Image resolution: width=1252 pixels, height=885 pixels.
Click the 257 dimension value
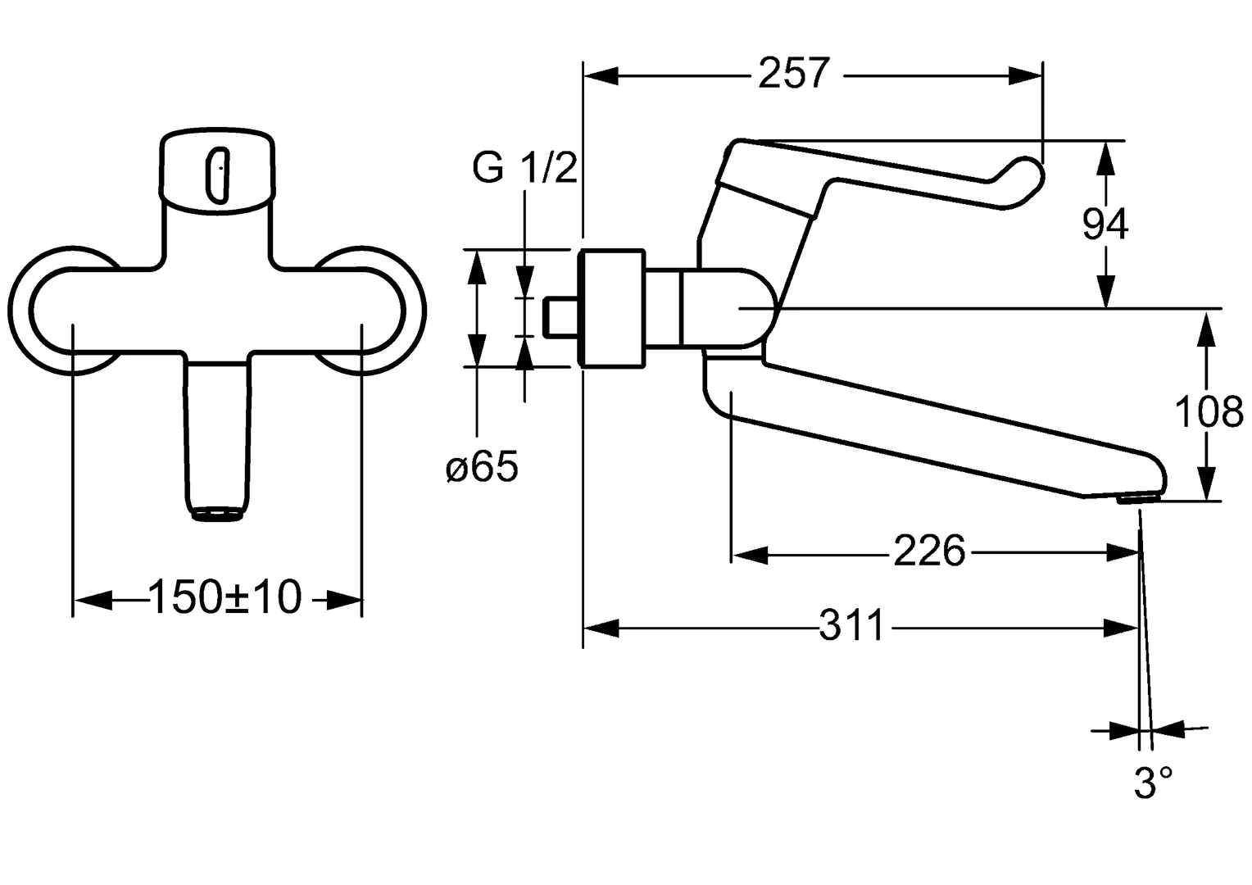[x=794, y=74]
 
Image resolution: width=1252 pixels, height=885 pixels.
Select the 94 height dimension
[x=1105, y=224]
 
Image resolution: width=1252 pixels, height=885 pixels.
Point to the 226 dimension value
[x=929, y=551]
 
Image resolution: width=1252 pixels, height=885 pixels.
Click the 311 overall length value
[x=852, y=628]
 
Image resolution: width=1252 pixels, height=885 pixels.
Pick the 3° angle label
[x=1154, y=783]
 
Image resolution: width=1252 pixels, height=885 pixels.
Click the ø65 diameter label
[x=482, y=469]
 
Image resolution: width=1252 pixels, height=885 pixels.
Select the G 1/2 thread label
[x=524, y=169]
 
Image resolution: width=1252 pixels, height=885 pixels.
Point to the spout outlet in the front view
[x=218, y=514]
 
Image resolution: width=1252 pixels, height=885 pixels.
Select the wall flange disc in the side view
[x=610, y=308]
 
